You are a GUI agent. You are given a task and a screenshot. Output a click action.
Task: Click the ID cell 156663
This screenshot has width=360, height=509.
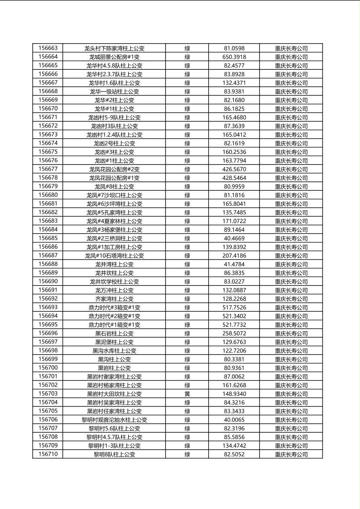(48, 48)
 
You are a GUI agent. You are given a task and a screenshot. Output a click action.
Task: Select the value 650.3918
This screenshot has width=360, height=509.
(234, 57)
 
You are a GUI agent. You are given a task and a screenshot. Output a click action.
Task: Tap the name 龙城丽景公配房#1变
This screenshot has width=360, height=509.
(114, 57)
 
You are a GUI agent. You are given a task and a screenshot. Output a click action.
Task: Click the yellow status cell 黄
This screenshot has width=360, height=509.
(187, 394)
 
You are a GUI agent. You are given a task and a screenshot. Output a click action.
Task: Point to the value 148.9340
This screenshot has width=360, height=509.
(234, 394)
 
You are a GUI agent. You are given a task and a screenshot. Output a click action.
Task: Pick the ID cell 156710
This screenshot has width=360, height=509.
(48, 454)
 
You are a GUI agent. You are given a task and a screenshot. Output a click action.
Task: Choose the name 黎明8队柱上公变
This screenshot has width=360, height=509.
(114, 454)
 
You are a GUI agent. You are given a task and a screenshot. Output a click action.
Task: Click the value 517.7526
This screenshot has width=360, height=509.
(234, 307)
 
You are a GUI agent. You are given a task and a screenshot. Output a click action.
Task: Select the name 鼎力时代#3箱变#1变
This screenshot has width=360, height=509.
(114, 307)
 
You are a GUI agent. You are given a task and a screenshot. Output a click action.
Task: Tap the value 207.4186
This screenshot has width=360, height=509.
(234, 256)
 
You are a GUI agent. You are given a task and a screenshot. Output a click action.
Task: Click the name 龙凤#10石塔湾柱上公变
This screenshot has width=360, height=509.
(114, 256)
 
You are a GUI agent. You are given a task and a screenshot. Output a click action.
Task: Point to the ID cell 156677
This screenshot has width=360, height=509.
(48, 169)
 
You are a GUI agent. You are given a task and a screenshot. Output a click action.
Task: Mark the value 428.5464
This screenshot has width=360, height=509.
(234, 178)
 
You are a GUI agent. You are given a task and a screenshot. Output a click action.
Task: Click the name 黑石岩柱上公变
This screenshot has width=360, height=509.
(114, 333)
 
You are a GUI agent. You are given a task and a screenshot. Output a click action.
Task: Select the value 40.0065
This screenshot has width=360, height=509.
(234, 419)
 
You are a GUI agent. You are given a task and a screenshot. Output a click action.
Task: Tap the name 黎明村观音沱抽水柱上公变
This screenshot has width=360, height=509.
(114, 419)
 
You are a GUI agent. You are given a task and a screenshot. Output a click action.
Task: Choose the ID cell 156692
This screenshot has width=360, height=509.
(48, 299)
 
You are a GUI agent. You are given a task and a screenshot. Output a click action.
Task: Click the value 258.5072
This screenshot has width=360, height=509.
(234, 333)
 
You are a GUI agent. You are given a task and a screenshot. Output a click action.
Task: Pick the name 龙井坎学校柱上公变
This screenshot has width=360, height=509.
(114, 282)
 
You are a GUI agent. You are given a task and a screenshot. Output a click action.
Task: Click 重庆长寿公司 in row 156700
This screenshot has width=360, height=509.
(291, 368)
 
